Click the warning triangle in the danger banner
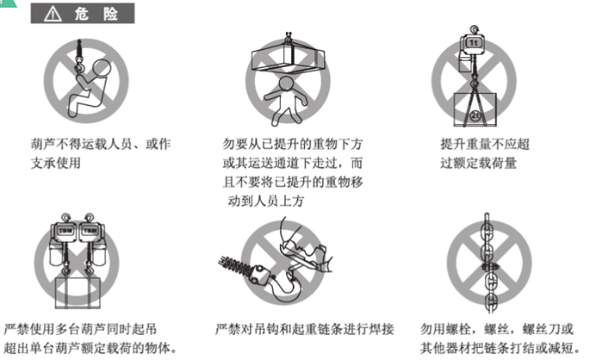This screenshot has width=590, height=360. point(53,15)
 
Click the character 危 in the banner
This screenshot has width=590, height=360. point(81,14)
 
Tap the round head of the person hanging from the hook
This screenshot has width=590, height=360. point(102,68)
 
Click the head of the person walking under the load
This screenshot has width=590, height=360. point(286,84)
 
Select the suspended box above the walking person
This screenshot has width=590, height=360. point(288,57)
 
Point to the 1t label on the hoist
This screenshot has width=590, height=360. point(473,42)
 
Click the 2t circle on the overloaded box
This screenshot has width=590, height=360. point(475,115)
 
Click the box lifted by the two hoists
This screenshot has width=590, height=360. point(78,293)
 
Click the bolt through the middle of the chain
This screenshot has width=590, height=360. point(490,267)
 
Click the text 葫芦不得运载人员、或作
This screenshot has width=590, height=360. point(101,144)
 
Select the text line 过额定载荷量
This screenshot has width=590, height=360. point(478,164)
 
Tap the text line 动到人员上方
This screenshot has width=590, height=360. point(265,201)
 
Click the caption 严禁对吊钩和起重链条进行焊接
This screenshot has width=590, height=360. point(304,330)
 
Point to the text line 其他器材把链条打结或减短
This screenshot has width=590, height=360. point(500,348)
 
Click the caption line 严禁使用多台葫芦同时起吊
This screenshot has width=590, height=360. point(80,330)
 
